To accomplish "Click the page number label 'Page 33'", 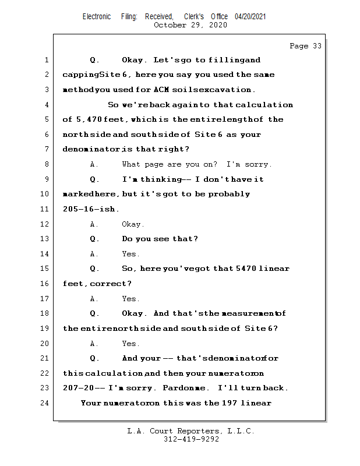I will tap(305, 46).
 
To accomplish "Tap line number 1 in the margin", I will tap(45, 60).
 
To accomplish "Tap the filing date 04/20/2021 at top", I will tap(250, 16).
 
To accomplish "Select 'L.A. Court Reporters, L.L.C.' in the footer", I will tap(191, 432).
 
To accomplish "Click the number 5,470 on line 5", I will tap(87, 119).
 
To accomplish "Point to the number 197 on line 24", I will tap(229, 403).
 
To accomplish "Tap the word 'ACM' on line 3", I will tap(161, 90).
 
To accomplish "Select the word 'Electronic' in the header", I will tap(97, 16).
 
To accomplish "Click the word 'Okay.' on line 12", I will tap(133, 224).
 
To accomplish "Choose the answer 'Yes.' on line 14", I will tap(130, 254).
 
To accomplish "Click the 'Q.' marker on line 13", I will tap(94, 239).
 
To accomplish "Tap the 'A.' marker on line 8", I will tap(94, 164).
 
